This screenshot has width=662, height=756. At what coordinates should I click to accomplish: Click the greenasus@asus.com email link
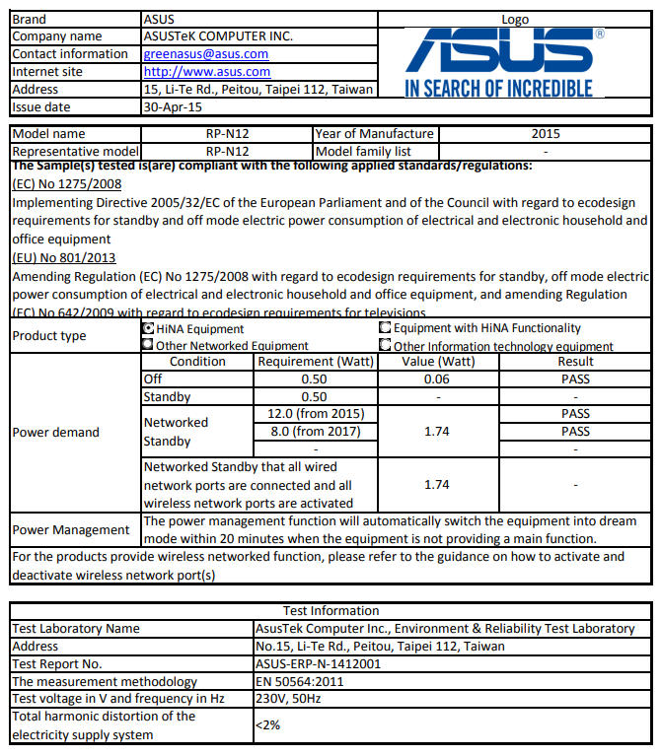[x=205, y=54]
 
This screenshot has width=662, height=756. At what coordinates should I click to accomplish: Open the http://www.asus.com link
[x=206, y=72]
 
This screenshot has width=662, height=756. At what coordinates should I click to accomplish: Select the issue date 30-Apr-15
[x=173, y=107]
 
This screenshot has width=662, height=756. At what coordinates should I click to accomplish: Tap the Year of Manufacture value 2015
[x=545, y=134]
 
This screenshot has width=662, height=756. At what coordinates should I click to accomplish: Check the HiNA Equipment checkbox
[x=148, y=329]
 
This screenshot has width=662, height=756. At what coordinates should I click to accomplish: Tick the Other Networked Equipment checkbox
[x=148, y=346]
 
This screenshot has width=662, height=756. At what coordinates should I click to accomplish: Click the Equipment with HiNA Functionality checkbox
[x=385, y=328]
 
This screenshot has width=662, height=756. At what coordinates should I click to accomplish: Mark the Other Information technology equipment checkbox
[x=385, y=345]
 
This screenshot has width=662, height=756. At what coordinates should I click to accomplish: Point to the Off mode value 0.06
[x=436, y=379]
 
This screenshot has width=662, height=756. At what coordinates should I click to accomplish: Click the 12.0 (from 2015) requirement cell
[x=315, y=414]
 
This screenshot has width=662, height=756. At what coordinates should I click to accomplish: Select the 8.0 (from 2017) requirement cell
[x=315, y=432]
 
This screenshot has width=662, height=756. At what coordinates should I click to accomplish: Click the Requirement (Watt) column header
[x=314, y=362]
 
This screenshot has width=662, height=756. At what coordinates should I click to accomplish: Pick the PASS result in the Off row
[x=575, y=379]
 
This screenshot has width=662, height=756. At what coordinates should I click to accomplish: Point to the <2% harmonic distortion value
[x=267, y=725]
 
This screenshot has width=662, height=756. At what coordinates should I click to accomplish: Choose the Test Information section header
[x=331, y=611]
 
